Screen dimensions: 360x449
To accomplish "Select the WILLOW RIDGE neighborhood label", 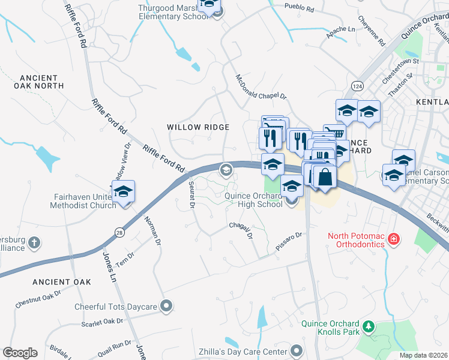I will [198, 127].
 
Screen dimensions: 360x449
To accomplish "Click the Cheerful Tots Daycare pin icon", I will [166, 307].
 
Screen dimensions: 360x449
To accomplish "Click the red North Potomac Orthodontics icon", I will [393, 239].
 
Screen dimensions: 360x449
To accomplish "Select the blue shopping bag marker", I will [325, 177].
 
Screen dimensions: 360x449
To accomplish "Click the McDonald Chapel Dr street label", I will [262, 88].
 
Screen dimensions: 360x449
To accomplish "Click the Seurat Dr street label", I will [191, 195].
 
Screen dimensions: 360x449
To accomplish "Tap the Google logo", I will [20, 353].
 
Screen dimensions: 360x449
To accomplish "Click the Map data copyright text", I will [423, 355].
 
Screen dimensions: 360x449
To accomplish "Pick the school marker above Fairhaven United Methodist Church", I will [123, 191].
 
